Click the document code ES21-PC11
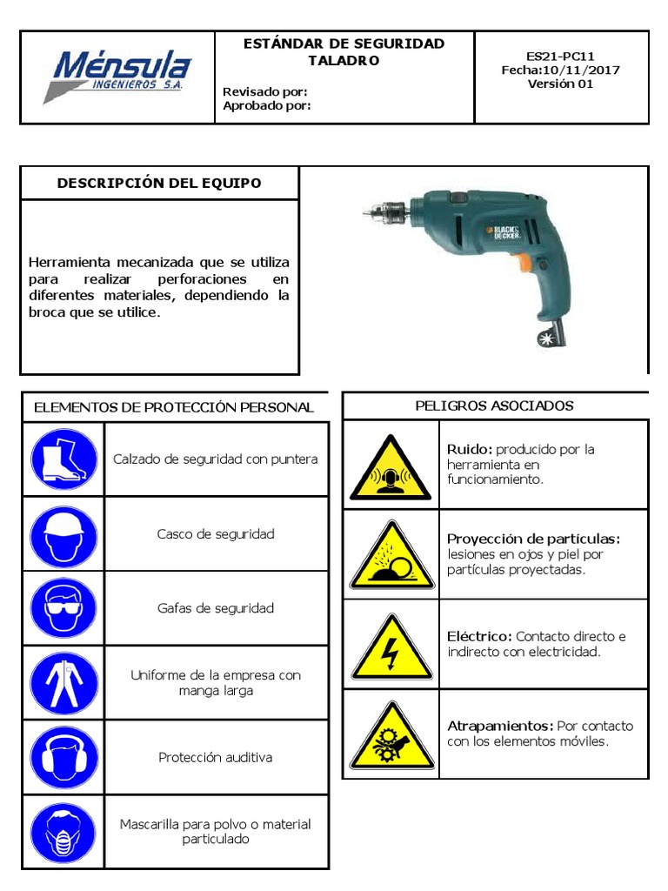[561, 57]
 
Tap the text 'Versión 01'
[561, 84]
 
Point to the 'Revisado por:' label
[265, 91]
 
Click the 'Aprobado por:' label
[267, 106]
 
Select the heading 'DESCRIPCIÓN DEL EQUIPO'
[159, 183]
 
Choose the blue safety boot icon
[63, 459]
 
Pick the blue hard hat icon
[63, 533]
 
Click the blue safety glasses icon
[63, 608]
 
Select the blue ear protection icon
[63, 757]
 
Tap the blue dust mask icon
[63, 832]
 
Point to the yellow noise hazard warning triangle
[391, 472]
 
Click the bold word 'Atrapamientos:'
[500, 726]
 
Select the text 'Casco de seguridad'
[216, 534]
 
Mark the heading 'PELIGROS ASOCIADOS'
[494, 406]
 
